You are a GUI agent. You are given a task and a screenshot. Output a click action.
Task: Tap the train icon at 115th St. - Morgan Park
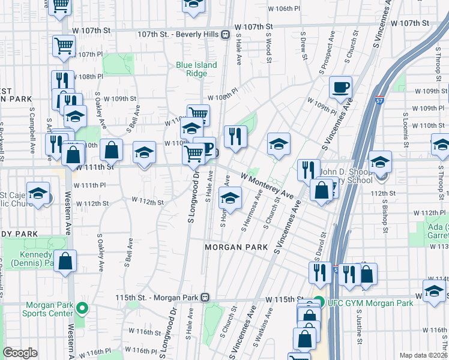pos(205,297)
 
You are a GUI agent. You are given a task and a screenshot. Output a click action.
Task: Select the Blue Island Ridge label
pos(196,69)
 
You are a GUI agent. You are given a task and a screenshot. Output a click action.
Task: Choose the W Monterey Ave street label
pos(267,185)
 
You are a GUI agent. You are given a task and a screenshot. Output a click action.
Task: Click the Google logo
pos(20,353)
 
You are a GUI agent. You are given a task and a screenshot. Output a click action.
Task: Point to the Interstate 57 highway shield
pos(379,94)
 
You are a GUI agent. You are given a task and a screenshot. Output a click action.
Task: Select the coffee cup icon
pos(340,88)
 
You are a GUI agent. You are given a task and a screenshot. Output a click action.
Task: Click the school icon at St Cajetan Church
pos(38,193)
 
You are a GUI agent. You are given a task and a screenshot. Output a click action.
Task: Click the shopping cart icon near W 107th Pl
pos(64,45)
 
